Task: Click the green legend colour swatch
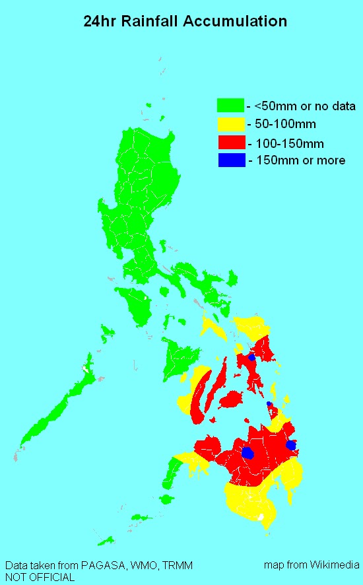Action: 230,105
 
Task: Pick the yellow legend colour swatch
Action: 230,123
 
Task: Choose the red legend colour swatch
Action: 230,141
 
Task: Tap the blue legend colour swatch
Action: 230,159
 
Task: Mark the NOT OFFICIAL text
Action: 40,577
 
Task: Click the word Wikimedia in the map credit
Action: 332,566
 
